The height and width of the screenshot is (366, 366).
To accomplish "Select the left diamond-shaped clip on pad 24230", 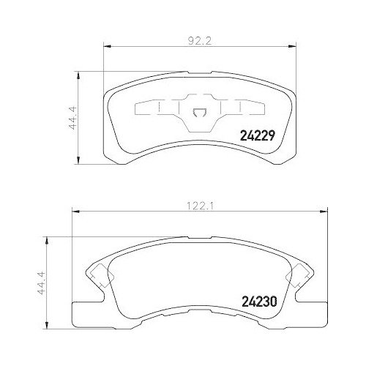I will [100, 277].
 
